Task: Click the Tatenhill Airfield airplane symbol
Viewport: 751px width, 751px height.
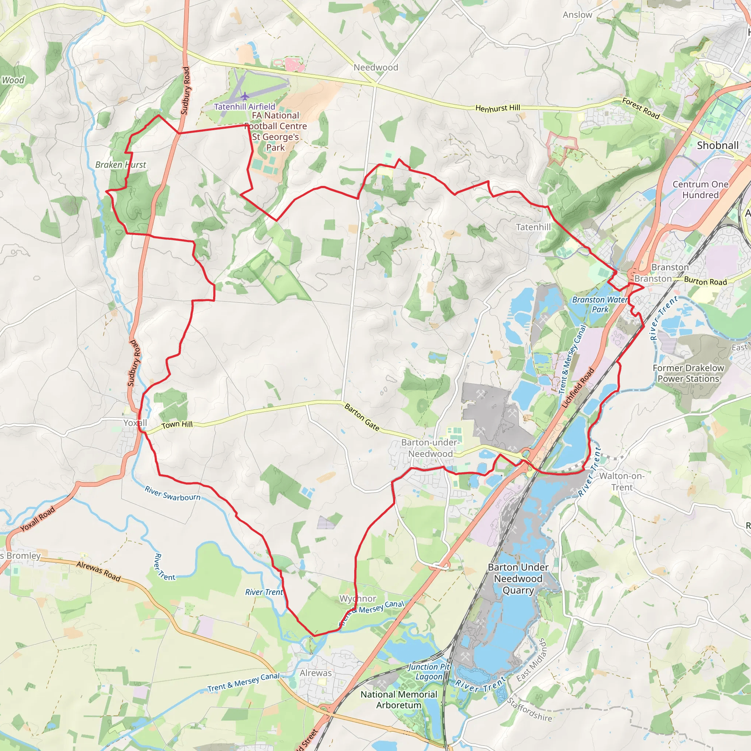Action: click(x=245, y=96)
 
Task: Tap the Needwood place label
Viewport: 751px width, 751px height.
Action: click(x=375, y=67)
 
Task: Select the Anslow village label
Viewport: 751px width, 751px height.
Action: click(x=577, y=15)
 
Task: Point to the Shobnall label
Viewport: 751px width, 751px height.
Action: click(x=718, y=145)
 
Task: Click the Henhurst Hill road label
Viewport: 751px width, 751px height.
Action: click(x=498, y=108)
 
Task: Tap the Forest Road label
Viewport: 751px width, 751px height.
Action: click(x=641, y=109)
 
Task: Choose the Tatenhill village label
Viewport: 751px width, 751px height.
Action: click(x=533, y=227)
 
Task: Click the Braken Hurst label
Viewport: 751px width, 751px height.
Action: click(x=121, y=165)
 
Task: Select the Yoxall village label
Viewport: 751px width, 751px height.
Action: click(x=135, y=422)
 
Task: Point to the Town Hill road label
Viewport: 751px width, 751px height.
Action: click(x=177, y=425)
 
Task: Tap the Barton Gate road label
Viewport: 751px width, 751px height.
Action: click(x=362, y=417)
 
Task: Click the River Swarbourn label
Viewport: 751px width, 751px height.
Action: click(x=173, y=493)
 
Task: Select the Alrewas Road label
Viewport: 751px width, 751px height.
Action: click(x=98, y=571)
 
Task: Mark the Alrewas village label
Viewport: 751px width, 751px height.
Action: click(x=316, y=673)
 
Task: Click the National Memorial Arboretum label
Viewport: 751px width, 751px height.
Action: click(x=399, y=700)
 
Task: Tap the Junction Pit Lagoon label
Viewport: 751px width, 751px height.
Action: click(x=429, y=672)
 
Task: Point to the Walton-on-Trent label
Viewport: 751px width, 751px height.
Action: click(x=622, y=481)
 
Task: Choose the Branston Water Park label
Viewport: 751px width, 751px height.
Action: click(x=600, y=304)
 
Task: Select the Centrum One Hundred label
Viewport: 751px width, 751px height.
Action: click(x=700, y=189)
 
